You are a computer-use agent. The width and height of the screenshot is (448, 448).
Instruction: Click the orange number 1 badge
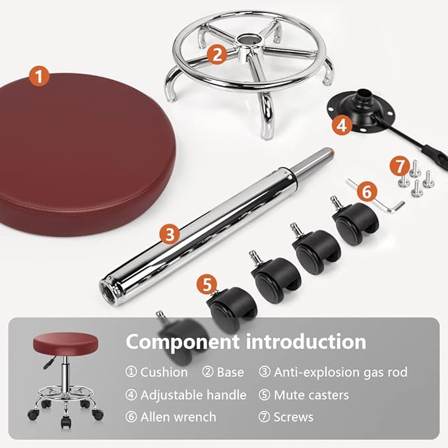click(40, 77)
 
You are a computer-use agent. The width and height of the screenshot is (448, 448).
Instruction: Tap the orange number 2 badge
click(218, 54)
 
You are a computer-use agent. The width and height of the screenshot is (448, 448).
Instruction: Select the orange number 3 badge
click(170, 232)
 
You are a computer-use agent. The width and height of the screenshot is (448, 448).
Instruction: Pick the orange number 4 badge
click(341, 124)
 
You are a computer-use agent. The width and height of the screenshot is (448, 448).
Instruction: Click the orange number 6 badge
click(368, 192)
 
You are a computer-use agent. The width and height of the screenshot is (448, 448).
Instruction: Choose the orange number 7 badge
click(399, 165)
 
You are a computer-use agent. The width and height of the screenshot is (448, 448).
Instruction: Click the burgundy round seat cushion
click(86, 152)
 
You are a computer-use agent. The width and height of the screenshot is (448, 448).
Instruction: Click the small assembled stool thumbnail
click(65, 376)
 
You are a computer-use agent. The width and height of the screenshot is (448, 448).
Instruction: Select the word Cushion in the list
click(164, 372)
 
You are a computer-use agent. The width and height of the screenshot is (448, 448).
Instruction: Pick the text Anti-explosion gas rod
click(340, 372)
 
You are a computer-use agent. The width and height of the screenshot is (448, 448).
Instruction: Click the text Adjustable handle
click(193, 395)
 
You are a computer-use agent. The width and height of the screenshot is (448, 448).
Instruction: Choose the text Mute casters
click(311, 395)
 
